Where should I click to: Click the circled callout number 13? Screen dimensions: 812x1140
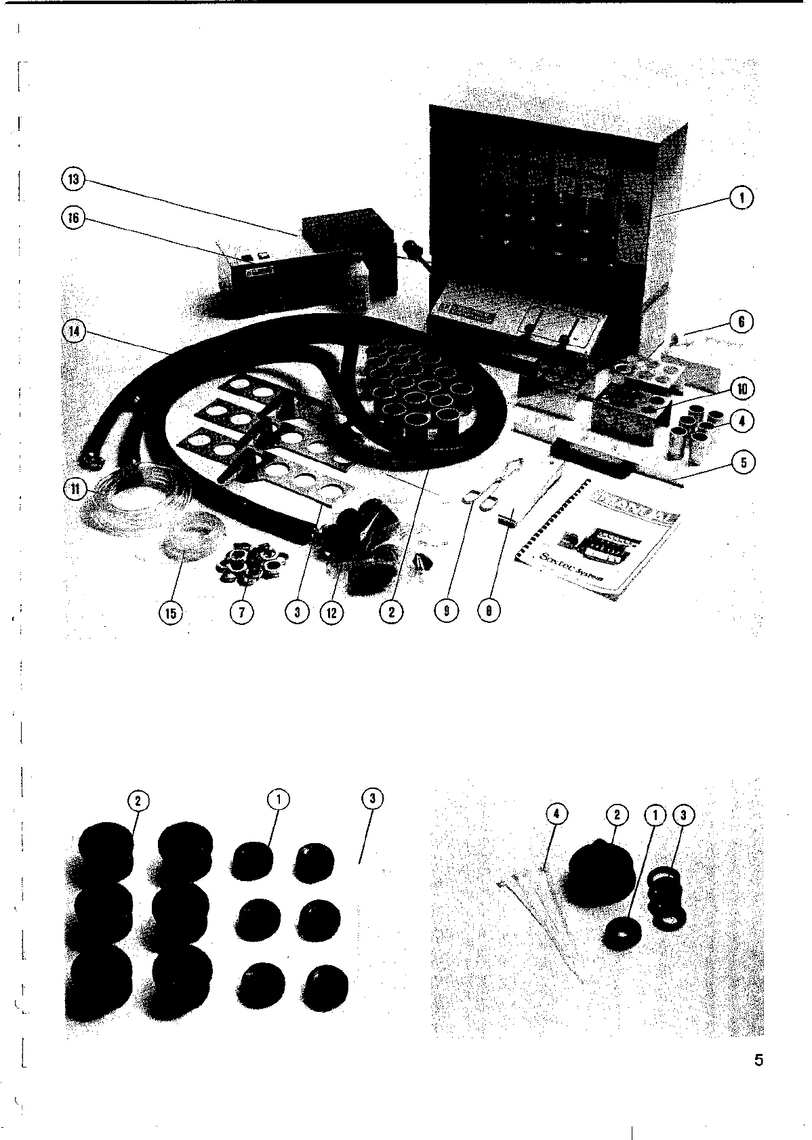(x=73, y=180)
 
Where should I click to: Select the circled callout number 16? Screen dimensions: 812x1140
(x=73, y=218)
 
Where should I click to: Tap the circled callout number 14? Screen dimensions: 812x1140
(x=73, y=331)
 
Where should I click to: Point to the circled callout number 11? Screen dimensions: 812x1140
(x=73, y=489)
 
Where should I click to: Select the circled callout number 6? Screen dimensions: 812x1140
(x=742, y=322)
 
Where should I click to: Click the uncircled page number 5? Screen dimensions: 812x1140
(x=758, y=1059)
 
